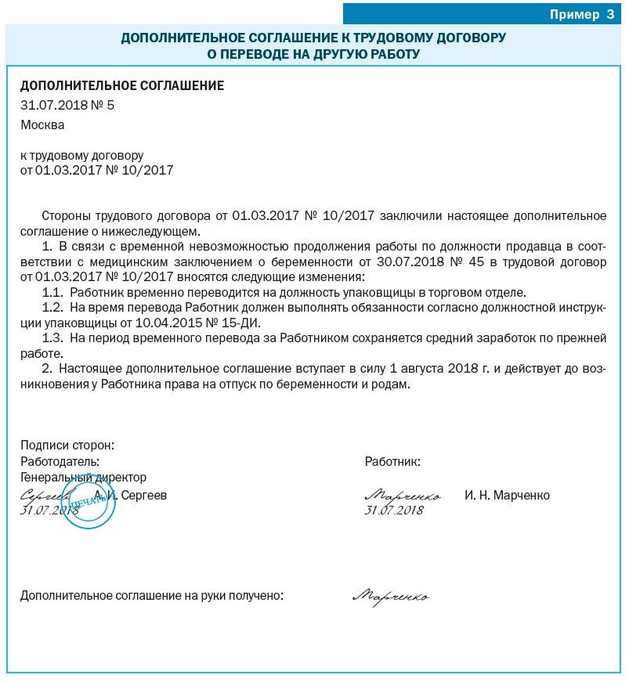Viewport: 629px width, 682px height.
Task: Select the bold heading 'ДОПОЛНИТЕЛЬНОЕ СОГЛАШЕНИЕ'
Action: (x=122, y=86)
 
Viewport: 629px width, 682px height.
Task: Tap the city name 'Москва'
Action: (x=42, y=124)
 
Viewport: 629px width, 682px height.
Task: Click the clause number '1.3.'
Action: (x=52, y=337)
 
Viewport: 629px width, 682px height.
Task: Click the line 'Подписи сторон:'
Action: (x=67, y=445)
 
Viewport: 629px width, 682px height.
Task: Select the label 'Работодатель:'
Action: (x=60, y=461)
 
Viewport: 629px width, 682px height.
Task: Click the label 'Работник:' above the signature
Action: (x=392, y=461)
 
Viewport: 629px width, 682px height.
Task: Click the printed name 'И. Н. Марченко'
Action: (x=507, y=495)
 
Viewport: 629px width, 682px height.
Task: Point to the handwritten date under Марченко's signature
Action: (x=394, y=510)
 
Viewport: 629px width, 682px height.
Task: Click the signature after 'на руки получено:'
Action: (x=390, y=597)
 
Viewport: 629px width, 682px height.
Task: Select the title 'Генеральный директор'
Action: (x=83, y=477)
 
